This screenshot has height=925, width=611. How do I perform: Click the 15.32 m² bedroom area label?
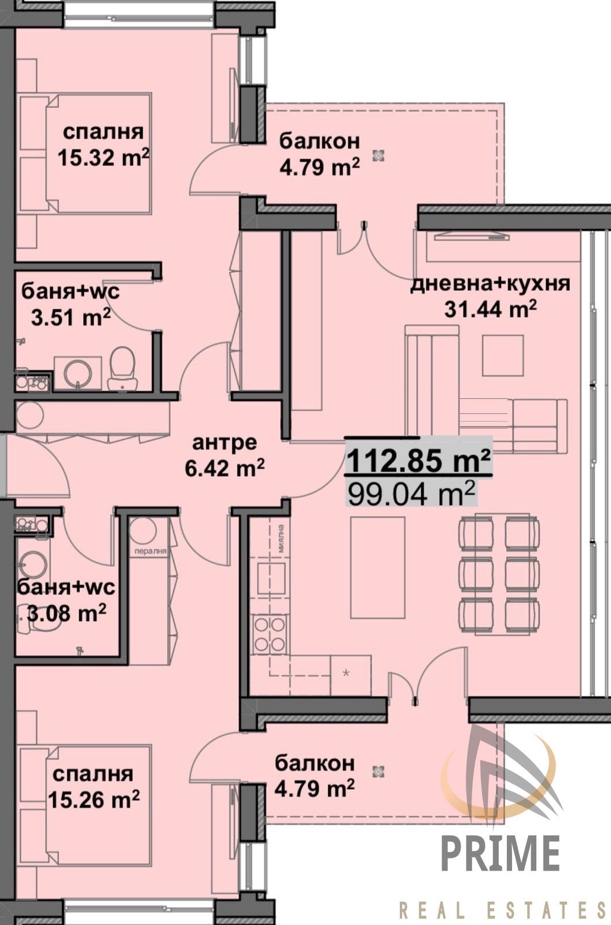point(103,157)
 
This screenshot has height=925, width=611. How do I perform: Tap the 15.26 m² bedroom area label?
point(94,800)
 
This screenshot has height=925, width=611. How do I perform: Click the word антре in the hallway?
point(224,443)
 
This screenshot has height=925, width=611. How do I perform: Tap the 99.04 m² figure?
point(411,494)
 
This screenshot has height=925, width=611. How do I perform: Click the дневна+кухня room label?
point(489,284)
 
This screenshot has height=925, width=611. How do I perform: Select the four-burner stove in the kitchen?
point(270,634)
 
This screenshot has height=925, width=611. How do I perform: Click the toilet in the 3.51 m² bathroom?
point(122,369)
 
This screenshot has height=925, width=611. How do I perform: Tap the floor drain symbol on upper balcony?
point(378,155)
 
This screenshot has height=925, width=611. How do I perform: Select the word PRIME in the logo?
point(500,853)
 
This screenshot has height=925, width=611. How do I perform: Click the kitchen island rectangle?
point(377,567)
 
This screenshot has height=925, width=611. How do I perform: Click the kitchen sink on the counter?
point(270,578)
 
